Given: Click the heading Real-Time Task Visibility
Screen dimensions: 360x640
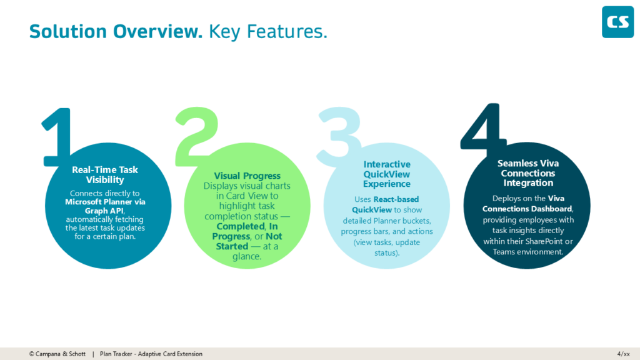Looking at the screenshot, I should (105, 174).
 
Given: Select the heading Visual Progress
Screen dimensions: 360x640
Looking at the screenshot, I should (247, 176).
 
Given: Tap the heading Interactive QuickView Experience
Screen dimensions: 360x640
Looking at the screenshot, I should (387, 174).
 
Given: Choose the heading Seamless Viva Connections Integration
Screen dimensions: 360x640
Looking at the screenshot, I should (528, 173).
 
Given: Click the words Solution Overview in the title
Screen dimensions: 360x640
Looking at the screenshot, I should (116, 31).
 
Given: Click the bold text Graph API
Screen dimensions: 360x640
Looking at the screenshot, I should (105, 211).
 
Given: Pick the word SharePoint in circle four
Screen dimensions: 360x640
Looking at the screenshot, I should (549, 241).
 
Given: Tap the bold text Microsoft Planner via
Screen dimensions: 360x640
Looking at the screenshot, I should (105, 202).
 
